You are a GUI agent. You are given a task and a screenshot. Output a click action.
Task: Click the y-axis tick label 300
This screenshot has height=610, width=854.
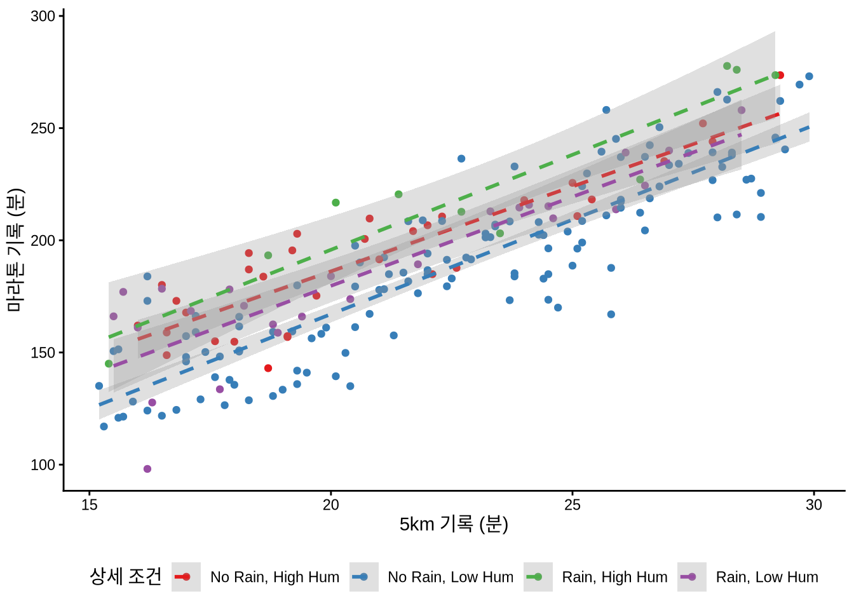click(x=43, y=16)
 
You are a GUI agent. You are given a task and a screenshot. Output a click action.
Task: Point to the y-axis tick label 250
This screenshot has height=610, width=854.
click(x=43, y=128)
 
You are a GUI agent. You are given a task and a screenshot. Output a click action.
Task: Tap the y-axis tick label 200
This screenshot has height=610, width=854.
click(x=43, y=241)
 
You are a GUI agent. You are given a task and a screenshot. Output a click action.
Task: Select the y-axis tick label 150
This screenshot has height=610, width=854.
click(x=43, y=353)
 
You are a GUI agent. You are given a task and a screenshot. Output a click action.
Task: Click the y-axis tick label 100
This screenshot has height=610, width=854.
click(x=43, y=465)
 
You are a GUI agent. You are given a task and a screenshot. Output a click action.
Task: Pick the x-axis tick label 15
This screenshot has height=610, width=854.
click(x=90, y=505)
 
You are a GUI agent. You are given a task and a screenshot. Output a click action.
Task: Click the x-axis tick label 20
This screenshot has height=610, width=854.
click(x=331, y=505)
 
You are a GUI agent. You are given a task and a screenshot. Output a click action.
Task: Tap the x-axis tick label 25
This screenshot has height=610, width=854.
click(x=573, y=505)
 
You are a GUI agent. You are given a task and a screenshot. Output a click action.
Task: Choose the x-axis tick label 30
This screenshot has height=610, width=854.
click(x=814, y=505)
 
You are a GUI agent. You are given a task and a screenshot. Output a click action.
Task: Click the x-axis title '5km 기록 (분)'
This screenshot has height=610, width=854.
click(x=454, y=524)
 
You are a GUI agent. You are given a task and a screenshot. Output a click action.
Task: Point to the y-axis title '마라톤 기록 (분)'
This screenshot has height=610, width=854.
click(x=15, y=250)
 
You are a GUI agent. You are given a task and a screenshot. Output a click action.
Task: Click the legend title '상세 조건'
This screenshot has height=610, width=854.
click(x=126, y=577)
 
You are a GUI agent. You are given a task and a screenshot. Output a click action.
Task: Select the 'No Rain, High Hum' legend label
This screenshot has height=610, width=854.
click(x=274, y=577)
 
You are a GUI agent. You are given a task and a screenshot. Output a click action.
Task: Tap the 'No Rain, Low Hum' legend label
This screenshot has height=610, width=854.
click(x=451, y=577)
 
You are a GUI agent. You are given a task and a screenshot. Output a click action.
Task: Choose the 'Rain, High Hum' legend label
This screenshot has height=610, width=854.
click(x=614, y=577)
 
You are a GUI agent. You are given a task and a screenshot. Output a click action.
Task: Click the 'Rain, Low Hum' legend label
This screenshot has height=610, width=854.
click(x=767, y=577)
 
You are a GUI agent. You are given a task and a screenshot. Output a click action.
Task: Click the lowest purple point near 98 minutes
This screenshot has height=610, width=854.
click(x=147, y=469)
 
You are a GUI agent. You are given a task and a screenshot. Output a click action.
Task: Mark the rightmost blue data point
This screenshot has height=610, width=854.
click(x=809, y=77)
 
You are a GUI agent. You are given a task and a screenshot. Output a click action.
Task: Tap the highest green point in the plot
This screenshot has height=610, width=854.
click(x=727, y=66)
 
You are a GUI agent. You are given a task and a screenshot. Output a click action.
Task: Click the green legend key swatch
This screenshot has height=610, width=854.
click(x=538, y=577)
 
